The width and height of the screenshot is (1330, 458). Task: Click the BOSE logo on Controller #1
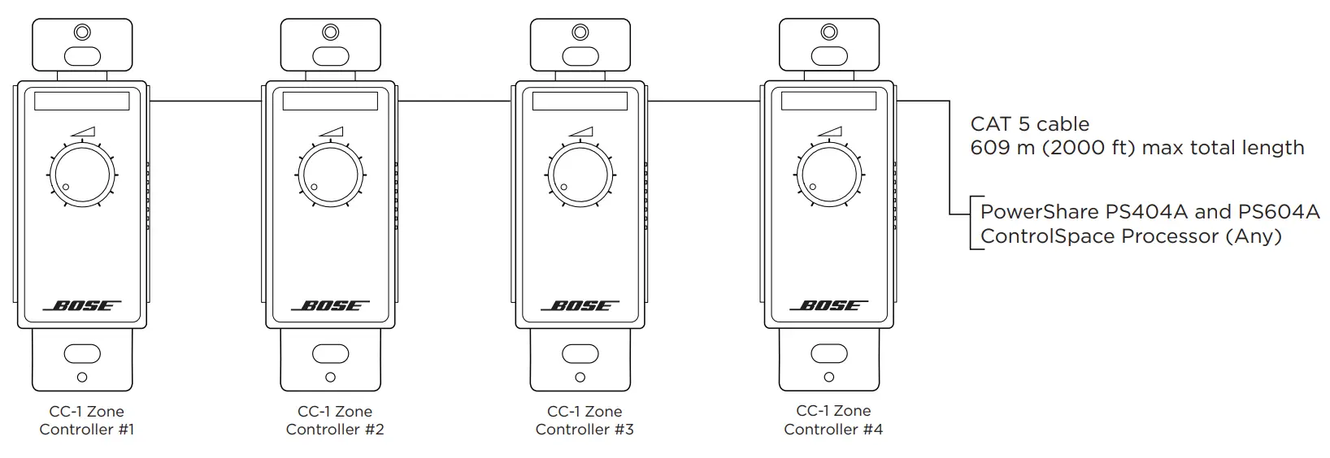(81, 306)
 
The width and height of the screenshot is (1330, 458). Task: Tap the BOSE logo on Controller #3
(580, 306)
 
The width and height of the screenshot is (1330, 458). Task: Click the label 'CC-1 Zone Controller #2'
(335, 421)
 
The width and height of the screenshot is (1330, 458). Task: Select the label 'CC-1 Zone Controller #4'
(833, 420)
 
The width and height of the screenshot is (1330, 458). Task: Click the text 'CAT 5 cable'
(1029, 124)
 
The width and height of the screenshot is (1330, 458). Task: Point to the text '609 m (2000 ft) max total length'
(1137, 148)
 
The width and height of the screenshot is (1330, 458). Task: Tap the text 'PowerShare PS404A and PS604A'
(1150, 212)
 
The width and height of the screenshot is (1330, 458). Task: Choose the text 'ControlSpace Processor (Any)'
(1131, 236)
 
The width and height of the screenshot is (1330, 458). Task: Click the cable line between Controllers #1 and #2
(206, 102)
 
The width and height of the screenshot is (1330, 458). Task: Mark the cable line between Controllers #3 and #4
(704, 102)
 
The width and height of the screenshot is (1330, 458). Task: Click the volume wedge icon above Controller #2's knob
(332, 131)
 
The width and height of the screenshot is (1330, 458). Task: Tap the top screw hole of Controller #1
(81, 33)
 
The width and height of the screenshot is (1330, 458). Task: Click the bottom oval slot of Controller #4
(828, 354)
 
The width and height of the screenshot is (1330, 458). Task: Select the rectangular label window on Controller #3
(580, 102)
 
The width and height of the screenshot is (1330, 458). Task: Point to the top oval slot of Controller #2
(330, 56)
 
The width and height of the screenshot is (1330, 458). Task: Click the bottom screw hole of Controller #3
(580, 378)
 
